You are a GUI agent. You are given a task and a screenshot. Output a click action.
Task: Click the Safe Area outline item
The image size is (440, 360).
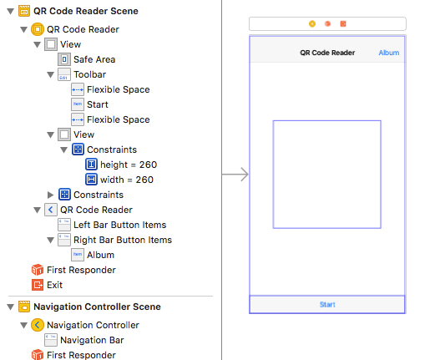(x=94, y=59)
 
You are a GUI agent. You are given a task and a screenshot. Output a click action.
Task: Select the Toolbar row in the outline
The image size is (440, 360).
(x=90, y=74)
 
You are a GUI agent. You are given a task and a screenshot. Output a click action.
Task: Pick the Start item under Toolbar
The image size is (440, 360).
(x=98, y=104)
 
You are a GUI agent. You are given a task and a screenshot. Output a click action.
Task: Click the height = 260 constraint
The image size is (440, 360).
(x=129, y=165)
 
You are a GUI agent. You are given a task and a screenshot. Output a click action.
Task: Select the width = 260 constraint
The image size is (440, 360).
(x=127, y=180)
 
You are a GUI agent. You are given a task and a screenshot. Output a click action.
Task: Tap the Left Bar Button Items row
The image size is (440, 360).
(x=120, y=225)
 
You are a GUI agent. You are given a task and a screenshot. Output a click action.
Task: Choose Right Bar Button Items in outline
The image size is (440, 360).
(x=123, y=240)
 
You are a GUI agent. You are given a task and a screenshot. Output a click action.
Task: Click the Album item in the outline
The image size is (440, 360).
(x=100, y=255)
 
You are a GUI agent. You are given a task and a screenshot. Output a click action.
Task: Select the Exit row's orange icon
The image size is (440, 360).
(x=38, y=285)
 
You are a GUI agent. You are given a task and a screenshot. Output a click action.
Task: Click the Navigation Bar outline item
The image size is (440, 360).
(x=92, y=340)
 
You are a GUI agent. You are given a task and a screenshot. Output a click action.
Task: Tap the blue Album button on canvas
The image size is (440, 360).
(x=389, y=53)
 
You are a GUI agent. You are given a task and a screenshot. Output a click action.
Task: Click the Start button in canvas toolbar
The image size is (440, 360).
(x=327, y=305)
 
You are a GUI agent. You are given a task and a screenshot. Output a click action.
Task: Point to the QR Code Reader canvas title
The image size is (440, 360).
(x=327, y=53)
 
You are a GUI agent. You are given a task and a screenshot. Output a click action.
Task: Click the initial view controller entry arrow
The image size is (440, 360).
(x=235, y=175)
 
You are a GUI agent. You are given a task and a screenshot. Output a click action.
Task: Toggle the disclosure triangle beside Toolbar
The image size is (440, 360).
(x=50, y=74)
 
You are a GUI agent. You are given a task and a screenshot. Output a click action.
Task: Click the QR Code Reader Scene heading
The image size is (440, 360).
(x=86, y=11)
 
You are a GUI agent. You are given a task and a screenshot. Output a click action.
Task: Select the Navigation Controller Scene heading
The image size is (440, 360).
(x=97, y=307)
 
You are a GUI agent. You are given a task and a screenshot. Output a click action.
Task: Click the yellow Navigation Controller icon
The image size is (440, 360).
(x=38, y=325)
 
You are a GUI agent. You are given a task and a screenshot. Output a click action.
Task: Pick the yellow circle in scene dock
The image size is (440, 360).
(x=312, y=24)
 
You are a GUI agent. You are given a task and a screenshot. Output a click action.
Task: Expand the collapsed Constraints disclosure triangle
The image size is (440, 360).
(x=50, y=195)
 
